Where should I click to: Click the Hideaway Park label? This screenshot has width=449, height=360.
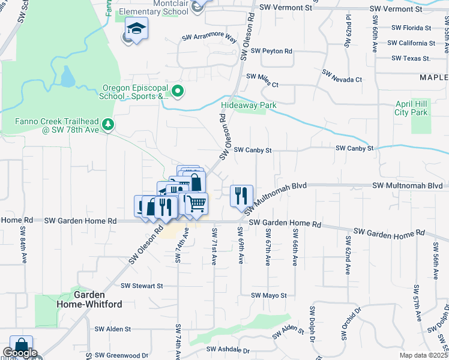pos(249,105)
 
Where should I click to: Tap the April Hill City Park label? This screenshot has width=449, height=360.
pos(411,108)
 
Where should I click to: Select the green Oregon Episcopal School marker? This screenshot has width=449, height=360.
pos(178,92)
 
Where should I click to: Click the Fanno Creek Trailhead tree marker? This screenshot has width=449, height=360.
pos(108,124)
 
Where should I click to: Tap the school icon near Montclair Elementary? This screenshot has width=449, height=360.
pos(136,29)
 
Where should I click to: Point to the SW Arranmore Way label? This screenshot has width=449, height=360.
pos(209,38)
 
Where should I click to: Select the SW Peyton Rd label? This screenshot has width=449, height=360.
pos(272,52)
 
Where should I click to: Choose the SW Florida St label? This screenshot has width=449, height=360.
pos(411,28)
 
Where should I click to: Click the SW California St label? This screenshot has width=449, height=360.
pos(411,43)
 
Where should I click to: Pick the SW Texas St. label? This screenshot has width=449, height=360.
pos(411,59)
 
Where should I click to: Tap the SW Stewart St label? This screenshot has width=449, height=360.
pos(142,286)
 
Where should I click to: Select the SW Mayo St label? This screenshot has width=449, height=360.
pos(269,295)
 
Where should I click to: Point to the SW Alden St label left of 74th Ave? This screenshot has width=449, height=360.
pos(113,329)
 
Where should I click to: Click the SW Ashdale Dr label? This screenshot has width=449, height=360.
pos(228,349)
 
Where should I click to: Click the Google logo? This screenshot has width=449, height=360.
pos(20,353)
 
